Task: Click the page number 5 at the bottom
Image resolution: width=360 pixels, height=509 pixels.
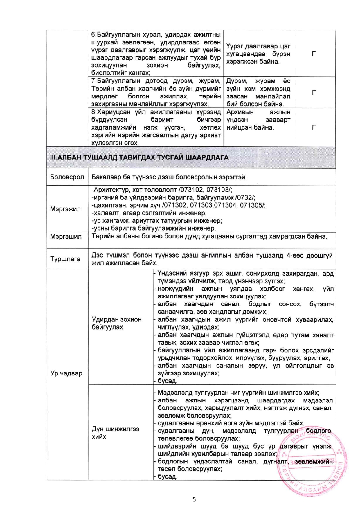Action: click(194, 499)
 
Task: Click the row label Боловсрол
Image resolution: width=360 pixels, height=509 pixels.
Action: click(67, 177)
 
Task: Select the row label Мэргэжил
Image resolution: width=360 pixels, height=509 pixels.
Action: click(65, 209)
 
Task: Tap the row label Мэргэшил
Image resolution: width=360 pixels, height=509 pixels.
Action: click(66, 237)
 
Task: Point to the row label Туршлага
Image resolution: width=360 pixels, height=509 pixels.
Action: click(65, 259)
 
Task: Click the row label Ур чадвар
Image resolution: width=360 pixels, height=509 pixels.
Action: click(66, 373)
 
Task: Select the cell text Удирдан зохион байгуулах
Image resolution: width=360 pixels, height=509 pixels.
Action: click(116, 323)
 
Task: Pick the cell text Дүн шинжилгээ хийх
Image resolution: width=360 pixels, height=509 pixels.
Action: click(115, 433)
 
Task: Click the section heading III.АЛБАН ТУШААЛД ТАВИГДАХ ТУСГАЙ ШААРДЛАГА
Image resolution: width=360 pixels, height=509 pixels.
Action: click(139, 157)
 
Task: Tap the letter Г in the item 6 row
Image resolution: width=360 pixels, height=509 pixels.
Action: click(314, 54)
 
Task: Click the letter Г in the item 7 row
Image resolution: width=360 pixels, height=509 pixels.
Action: click(314, 93)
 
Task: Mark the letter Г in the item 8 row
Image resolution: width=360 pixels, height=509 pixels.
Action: click(314, 127)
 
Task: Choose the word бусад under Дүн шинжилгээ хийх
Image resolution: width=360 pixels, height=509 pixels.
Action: click(167, 476)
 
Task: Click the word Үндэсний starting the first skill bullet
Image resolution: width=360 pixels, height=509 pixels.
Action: click(172, 273)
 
